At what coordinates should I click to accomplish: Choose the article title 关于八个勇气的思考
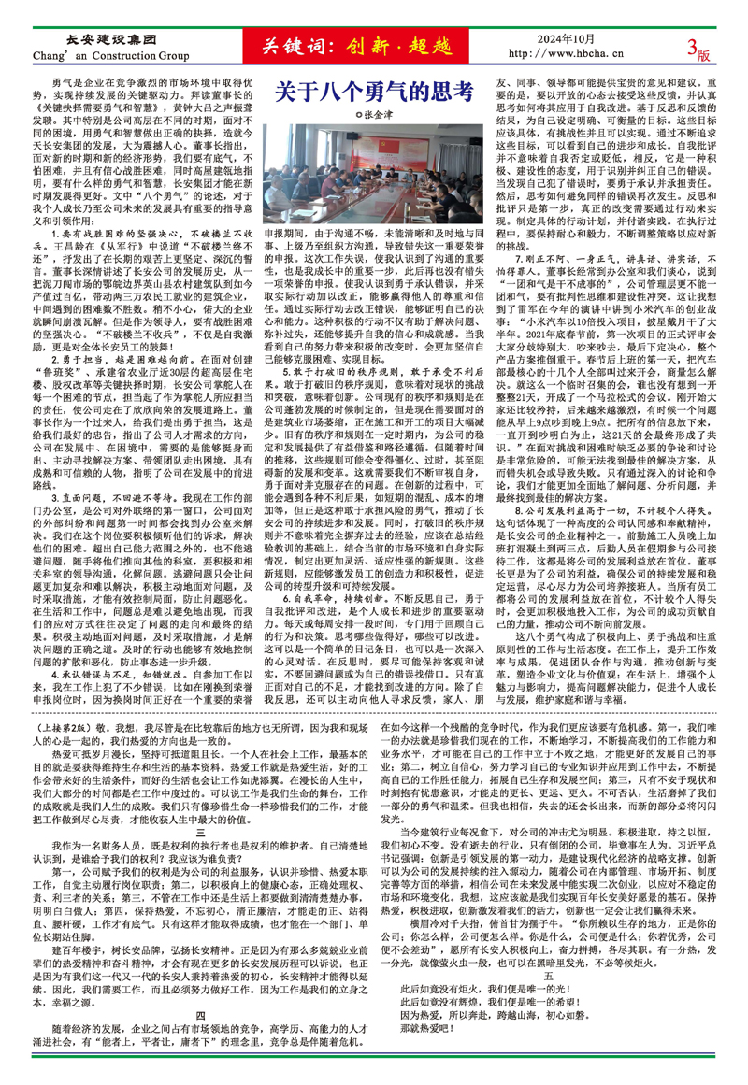click(371, 93)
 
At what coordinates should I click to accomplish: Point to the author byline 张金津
click(374, 116)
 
